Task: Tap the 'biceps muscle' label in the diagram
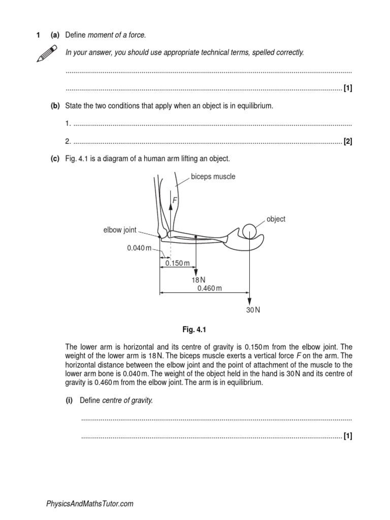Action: point(213,177)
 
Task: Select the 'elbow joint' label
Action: point(120,230)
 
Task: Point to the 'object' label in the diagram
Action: point(276,219)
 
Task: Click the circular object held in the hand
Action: point(249,231)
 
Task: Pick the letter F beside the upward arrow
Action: point(175,201)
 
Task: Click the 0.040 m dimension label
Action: point(139,248)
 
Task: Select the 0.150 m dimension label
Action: point(177,264)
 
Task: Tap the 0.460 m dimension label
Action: point(210,288)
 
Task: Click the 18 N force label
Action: point(199,280)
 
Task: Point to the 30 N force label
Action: point(253,310)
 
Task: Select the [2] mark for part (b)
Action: point(348,142)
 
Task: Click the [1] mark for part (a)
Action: point(348,88)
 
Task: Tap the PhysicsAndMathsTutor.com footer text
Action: point(90,504)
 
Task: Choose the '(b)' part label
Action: point(55,106)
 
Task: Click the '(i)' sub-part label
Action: point(69,400)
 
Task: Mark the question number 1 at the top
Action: point(38,35)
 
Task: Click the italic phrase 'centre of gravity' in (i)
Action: point(127,400)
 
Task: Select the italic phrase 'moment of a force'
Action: point(117,35)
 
